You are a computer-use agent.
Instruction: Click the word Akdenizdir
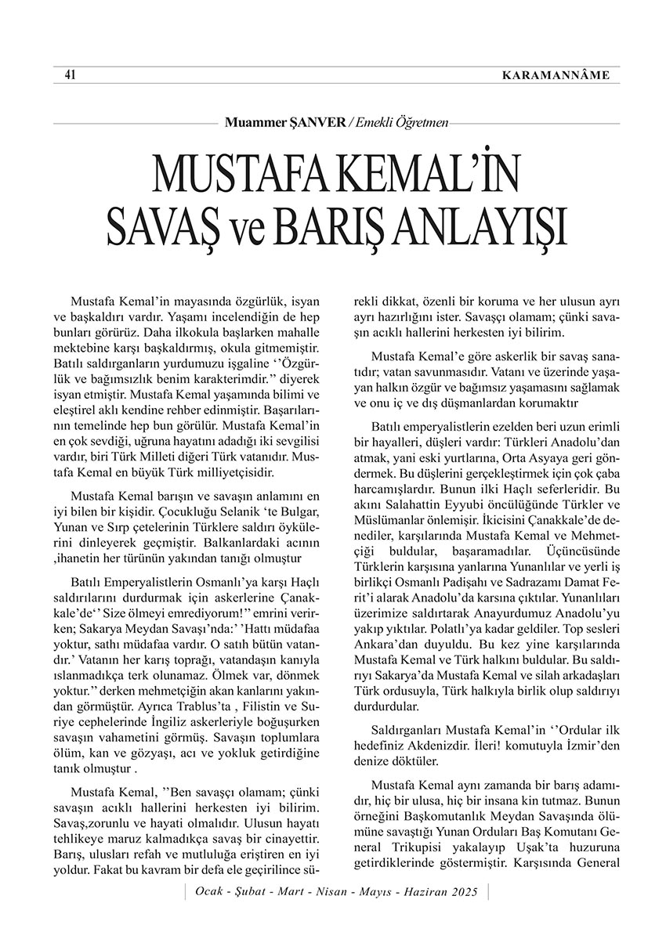pyautogui.click(x=446, y=744)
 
